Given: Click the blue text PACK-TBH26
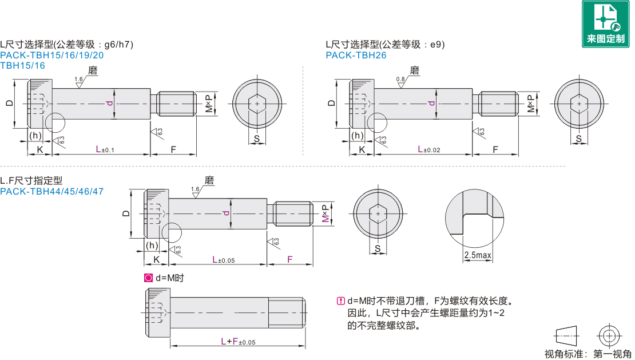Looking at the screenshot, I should click(x=356, y=56).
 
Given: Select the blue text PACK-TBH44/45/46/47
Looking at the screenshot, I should click(x=52, y=192).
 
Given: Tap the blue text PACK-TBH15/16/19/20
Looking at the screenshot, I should click(x=52, y=56).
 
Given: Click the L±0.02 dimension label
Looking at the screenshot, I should click(x=429, y=149).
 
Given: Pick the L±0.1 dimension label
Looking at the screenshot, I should click(x=105, y=149).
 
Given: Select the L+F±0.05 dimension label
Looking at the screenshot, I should click(x=238, y=342).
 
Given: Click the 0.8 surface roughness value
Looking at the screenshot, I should click(x=400, y=79).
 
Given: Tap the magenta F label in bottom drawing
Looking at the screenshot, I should click(x=290, y=259).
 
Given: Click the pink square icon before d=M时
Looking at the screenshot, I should click(x=149, y=278).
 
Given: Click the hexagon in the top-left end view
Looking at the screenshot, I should click(x=258, y=104).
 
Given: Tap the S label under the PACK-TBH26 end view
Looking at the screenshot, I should click(x=579, y=139).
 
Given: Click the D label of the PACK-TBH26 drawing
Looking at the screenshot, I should click(x=332, y=103).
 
